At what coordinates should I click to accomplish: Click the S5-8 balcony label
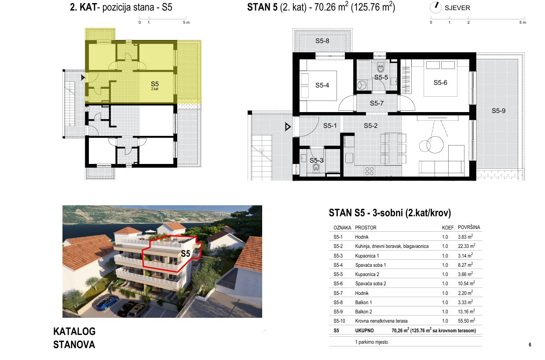(x=322, y=41)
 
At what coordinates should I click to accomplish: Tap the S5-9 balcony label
(x=498, y=111)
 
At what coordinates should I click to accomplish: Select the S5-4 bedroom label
(x=322, y=85)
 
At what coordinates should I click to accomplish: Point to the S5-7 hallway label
(x=377, y=103)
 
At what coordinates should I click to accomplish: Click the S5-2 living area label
(x=370, y=126)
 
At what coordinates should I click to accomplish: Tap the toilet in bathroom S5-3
(x=316, y=167)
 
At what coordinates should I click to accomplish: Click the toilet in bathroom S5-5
(x=380, y=68)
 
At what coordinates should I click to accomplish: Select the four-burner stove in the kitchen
(x=369, y=171)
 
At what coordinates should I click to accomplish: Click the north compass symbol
(x=435, y=7)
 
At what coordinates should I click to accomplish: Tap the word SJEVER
(x=457, y=8)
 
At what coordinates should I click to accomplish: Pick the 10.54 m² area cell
(x=466, y=284)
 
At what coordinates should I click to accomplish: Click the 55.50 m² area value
(x=466, y=320)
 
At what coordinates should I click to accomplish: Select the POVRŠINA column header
(x=469, y=227)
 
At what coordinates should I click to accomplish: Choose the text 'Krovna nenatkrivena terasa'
(x=381, y=321)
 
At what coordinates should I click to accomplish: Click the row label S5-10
(x=339, y=321)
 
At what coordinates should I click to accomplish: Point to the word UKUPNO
(x=365, y=331)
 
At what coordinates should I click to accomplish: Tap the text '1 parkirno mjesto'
(x=372, y=342)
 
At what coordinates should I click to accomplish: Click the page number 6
(x=530, y=345)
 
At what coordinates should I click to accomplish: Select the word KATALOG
(x=74, y=331)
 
